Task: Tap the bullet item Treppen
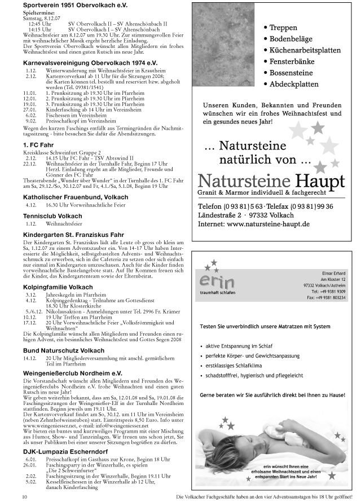283,27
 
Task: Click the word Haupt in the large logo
318,182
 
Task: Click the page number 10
25,496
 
